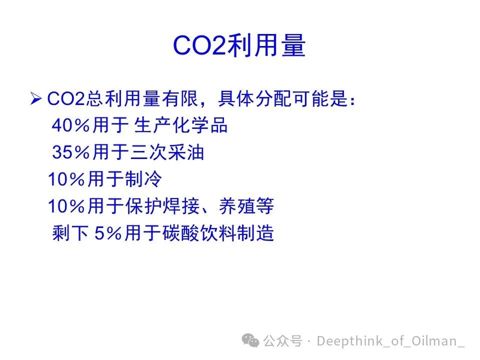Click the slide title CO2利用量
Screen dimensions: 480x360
pyautogui.click(x=239, y=45)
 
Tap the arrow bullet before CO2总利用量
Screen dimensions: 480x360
pyautogui.click(x=36, y=98)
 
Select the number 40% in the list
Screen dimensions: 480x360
pyautogui.click(x=71, y=125)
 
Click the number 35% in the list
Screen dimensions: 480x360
pyautogui.click(x=71, y=152)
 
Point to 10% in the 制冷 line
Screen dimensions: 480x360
pyautogui.click(x=66, y=179)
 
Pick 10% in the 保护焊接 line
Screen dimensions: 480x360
pyautogui.click(x=66, y=206)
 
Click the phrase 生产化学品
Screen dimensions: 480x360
pyautogui.click(x=181, y=125)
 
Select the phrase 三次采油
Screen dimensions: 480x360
pyautogui.click(x=167, y=152)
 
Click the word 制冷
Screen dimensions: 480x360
pyautogui.click(x=143, y=179)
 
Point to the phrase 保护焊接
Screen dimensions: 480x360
pyautogui.click(x=162, y=206)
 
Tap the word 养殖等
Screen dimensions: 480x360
pyautogui.click(x=246, y=206)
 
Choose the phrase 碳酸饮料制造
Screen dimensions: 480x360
pyautogui.click(x=218, y=233)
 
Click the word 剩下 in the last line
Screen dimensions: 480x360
pyautogui.click(x=70, y=233)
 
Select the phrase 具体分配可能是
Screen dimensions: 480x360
pyautogui.click(x=283, y=98)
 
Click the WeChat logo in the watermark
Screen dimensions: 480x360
pyautogui.click(x=250, y=340)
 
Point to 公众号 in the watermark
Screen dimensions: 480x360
pyautogui.click(x=283, y=340)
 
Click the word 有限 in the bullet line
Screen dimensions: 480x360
pyautogui.click(x=180, y=98)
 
